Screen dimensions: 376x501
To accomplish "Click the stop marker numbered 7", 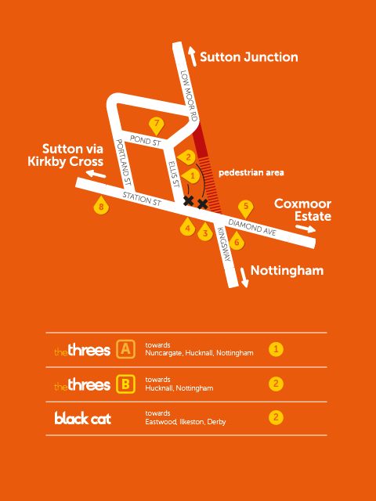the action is (x=156, y=125).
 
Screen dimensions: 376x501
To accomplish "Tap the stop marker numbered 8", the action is (x=101, y=206).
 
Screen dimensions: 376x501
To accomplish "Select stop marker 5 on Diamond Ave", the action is (x=246, y=207).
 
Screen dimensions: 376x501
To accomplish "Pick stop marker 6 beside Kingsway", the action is (x=237, y=241).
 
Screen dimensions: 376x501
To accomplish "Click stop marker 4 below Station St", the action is (x=188, y=227).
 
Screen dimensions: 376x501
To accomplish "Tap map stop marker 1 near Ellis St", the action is (x=190, y=175).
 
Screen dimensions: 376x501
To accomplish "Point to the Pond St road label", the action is (x=146, y=141).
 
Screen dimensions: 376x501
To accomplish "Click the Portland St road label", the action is (x=124, y=163).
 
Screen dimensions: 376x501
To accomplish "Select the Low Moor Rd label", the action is (x=189, y=96).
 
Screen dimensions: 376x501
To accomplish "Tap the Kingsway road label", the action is (x=224, y=244).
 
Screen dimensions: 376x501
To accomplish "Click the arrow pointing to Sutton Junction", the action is (x=192, y=56).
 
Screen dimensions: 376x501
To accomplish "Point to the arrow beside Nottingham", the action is (x=244, y=277).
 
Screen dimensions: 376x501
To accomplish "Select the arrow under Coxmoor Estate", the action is (x=305, y=228).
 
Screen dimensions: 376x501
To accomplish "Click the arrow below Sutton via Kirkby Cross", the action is (x=96, y=174).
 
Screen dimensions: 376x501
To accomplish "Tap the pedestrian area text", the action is (x=251, y=173).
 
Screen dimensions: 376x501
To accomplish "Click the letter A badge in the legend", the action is (x=125, y=350).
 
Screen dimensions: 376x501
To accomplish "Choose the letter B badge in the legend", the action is (x=125, y=384).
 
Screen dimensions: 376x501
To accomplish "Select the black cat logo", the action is (x=82, y=418).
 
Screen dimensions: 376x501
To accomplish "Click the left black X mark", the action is (x=189, y=200).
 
